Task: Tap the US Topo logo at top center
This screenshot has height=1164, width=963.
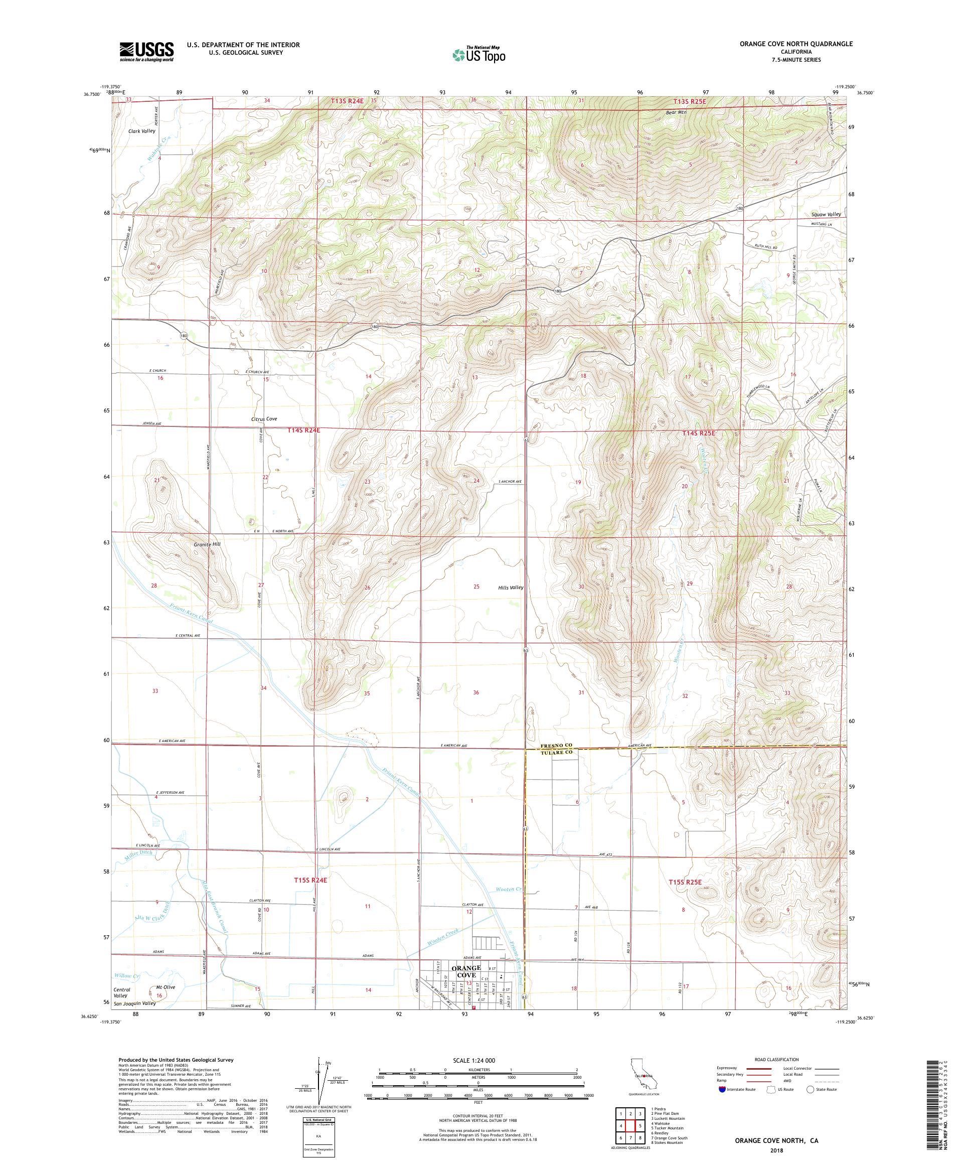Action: coord(480,54)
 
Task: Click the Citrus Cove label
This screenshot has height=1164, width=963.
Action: coord(263,419)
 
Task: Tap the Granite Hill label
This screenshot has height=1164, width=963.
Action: coord(207,544)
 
